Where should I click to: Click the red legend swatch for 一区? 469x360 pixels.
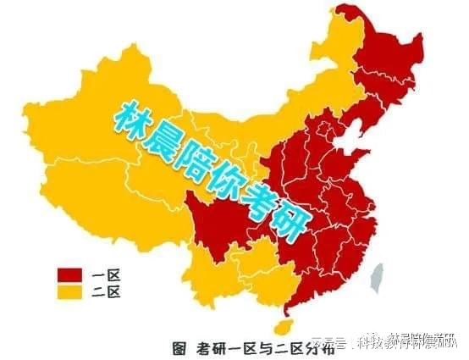point(69,275)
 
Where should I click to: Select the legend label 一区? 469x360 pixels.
point(108,275)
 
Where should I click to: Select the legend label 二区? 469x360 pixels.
point(108,292)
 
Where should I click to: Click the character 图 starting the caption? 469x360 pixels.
point(179,346)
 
